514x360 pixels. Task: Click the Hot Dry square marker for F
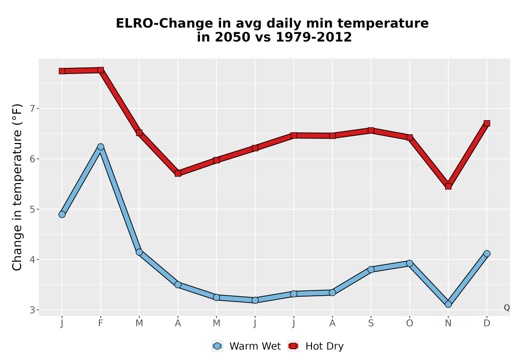tap(101, 70)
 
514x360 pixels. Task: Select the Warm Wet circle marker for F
tap(101, 147)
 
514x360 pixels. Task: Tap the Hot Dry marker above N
tap(448, 186)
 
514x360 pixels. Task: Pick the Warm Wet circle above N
tap(448, 304)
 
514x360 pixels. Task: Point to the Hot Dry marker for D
tap(487, 123)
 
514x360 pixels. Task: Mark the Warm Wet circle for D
tap(487, 254)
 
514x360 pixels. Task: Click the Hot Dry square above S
tap(371, 131)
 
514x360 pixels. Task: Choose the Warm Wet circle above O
tap(410, 263)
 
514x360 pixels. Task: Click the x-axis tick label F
tap(101, 323)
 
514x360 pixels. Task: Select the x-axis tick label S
tap(371, 323)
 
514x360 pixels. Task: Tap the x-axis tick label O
tap(410, 323)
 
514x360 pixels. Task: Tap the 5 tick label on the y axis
tap(32, 209)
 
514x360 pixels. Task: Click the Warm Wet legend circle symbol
tap(217, 346)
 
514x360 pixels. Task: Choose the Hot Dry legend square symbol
tap(293, 346)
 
